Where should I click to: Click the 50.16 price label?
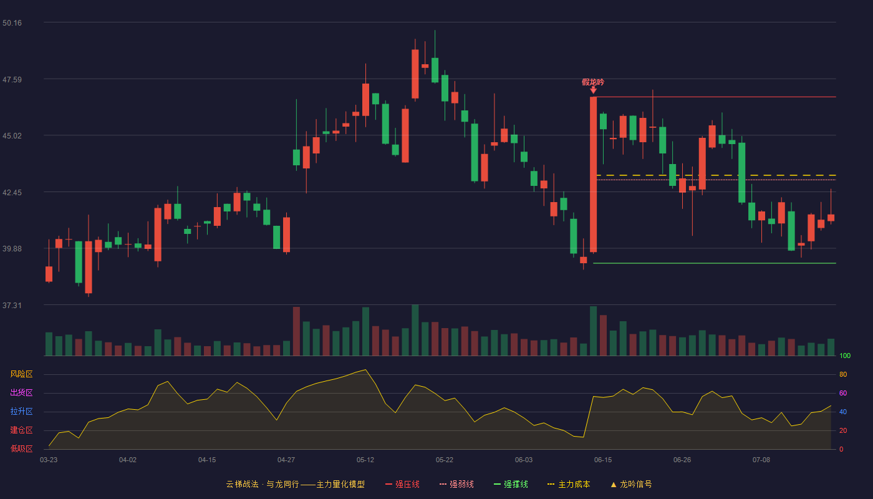tap(12, 23)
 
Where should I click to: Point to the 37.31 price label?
tap(12, 305)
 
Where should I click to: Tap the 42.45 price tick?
tap(12, 193)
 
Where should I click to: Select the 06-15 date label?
tap(603, 460)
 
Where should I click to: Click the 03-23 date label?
tap(49, 460)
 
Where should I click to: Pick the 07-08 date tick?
tap(761, 460)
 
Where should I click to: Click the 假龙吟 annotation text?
tap(593, 82)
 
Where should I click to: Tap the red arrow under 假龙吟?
tap(593, 90)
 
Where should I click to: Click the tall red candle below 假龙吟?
tap(593, 174)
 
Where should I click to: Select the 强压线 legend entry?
tap(403, 484)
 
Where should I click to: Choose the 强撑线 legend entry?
tap(511, 484)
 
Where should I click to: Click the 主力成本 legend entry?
tap(569, 484)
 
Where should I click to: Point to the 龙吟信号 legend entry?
tap(631, 484)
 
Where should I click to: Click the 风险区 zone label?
tap(21, 374)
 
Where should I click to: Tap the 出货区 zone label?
tap(21, 392)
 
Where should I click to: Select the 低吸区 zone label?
tap(21, 448)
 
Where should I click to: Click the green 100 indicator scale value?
tap(845, 356)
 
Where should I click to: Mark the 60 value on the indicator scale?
tap(843, 393)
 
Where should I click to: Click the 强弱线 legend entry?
tap(456, 484)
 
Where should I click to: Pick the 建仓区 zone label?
tap(21, 430)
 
